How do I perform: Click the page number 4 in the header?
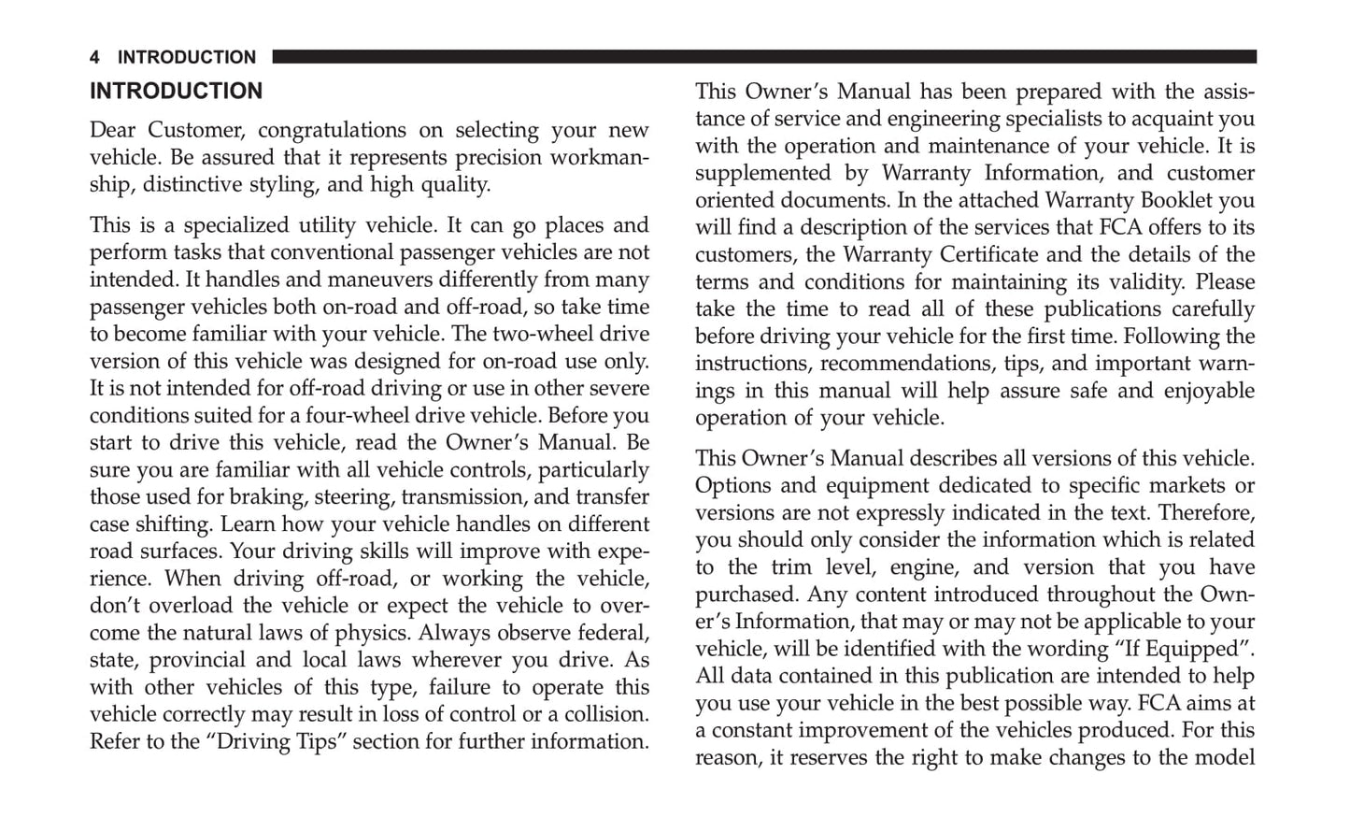(94, 58)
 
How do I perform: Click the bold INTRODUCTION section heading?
(176, 92)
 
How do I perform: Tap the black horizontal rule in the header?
(763, 57)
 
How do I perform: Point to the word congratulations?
(332, 130)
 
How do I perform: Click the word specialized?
(236, 225)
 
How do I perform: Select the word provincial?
(196, 660)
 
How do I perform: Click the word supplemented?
(762, 173)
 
